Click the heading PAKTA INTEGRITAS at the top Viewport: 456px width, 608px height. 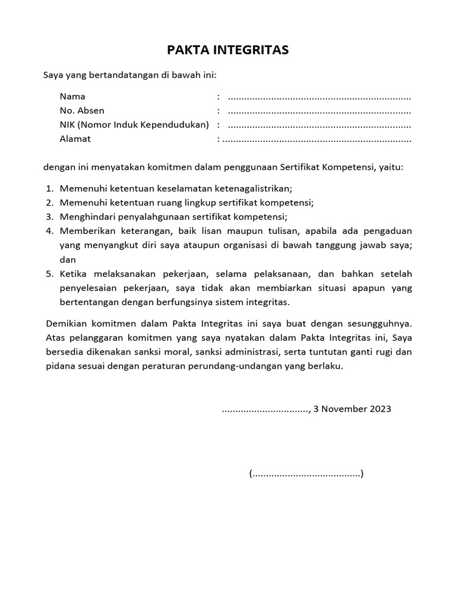[x=227, y=50]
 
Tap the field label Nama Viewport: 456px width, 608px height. [x=72, y=96]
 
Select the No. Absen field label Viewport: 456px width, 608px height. [x=82, y=110]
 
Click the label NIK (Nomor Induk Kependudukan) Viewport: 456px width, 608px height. [x=134, y=125]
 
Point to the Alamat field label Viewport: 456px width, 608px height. [x=75, y=139]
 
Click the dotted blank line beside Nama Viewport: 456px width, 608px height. [x=319, y=97]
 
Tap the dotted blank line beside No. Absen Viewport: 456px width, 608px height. [x=319, y=112]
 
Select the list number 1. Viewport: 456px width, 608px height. [x=49, y=188]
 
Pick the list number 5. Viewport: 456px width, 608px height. [x=49, y=274]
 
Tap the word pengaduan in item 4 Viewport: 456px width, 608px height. [x=389, y=231]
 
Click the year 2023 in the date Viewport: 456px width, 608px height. [x=379, y=409]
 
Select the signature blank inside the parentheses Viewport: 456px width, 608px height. [x=306, y=474]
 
